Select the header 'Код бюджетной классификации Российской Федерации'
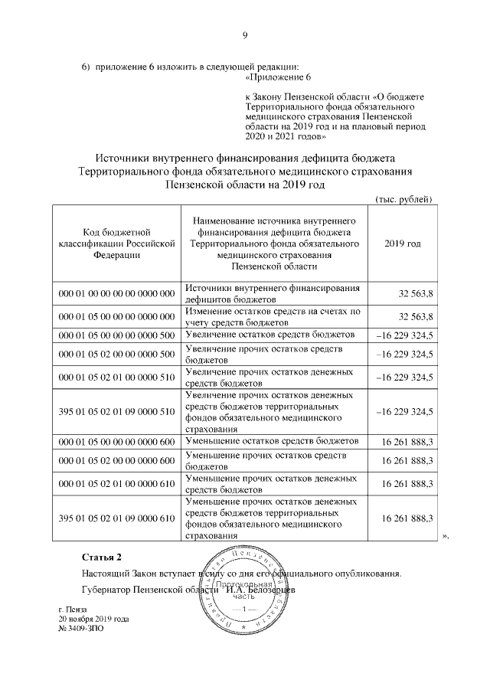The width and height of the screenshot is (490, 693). click(116, 243)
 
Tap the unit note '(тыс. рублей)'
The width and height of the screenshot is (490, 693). click(403, 200)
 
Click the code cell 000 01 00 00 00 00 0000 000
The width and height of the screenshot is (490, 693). click(116, 293)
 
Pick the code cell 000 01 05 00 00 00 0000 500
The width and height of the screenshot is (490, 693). click(116, 335)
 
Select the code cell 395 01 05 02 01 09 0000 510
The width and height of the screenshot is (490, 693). click(116, 411)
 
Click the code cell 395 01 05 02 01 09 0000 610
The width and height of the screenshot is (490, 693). click(116, 518)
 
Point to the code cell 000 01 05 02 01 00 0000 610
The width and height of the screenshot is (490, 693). click(116, 483)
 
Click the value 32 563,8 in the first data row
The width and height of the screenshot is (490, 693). click(416, 293)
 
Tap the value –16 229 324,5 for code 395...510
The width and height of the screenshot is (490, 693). click(405, 411)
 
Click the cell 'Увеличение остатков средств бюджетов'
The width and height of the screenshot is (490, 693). click(269, 335)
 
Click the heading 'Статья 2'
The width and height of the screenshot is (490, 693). click(102, 555)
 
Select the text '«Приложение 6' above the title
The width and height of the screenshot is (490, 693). click(276, 78)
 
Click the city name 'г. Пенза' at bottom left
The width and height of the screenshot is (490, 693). click(73, 608)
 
